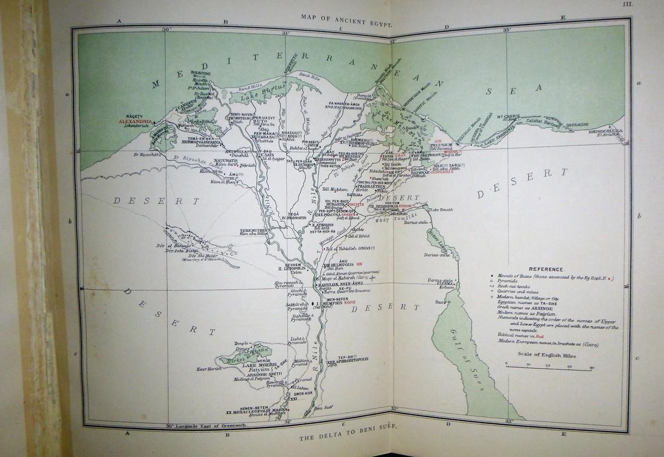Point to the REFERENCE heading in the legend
[545, 269]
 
